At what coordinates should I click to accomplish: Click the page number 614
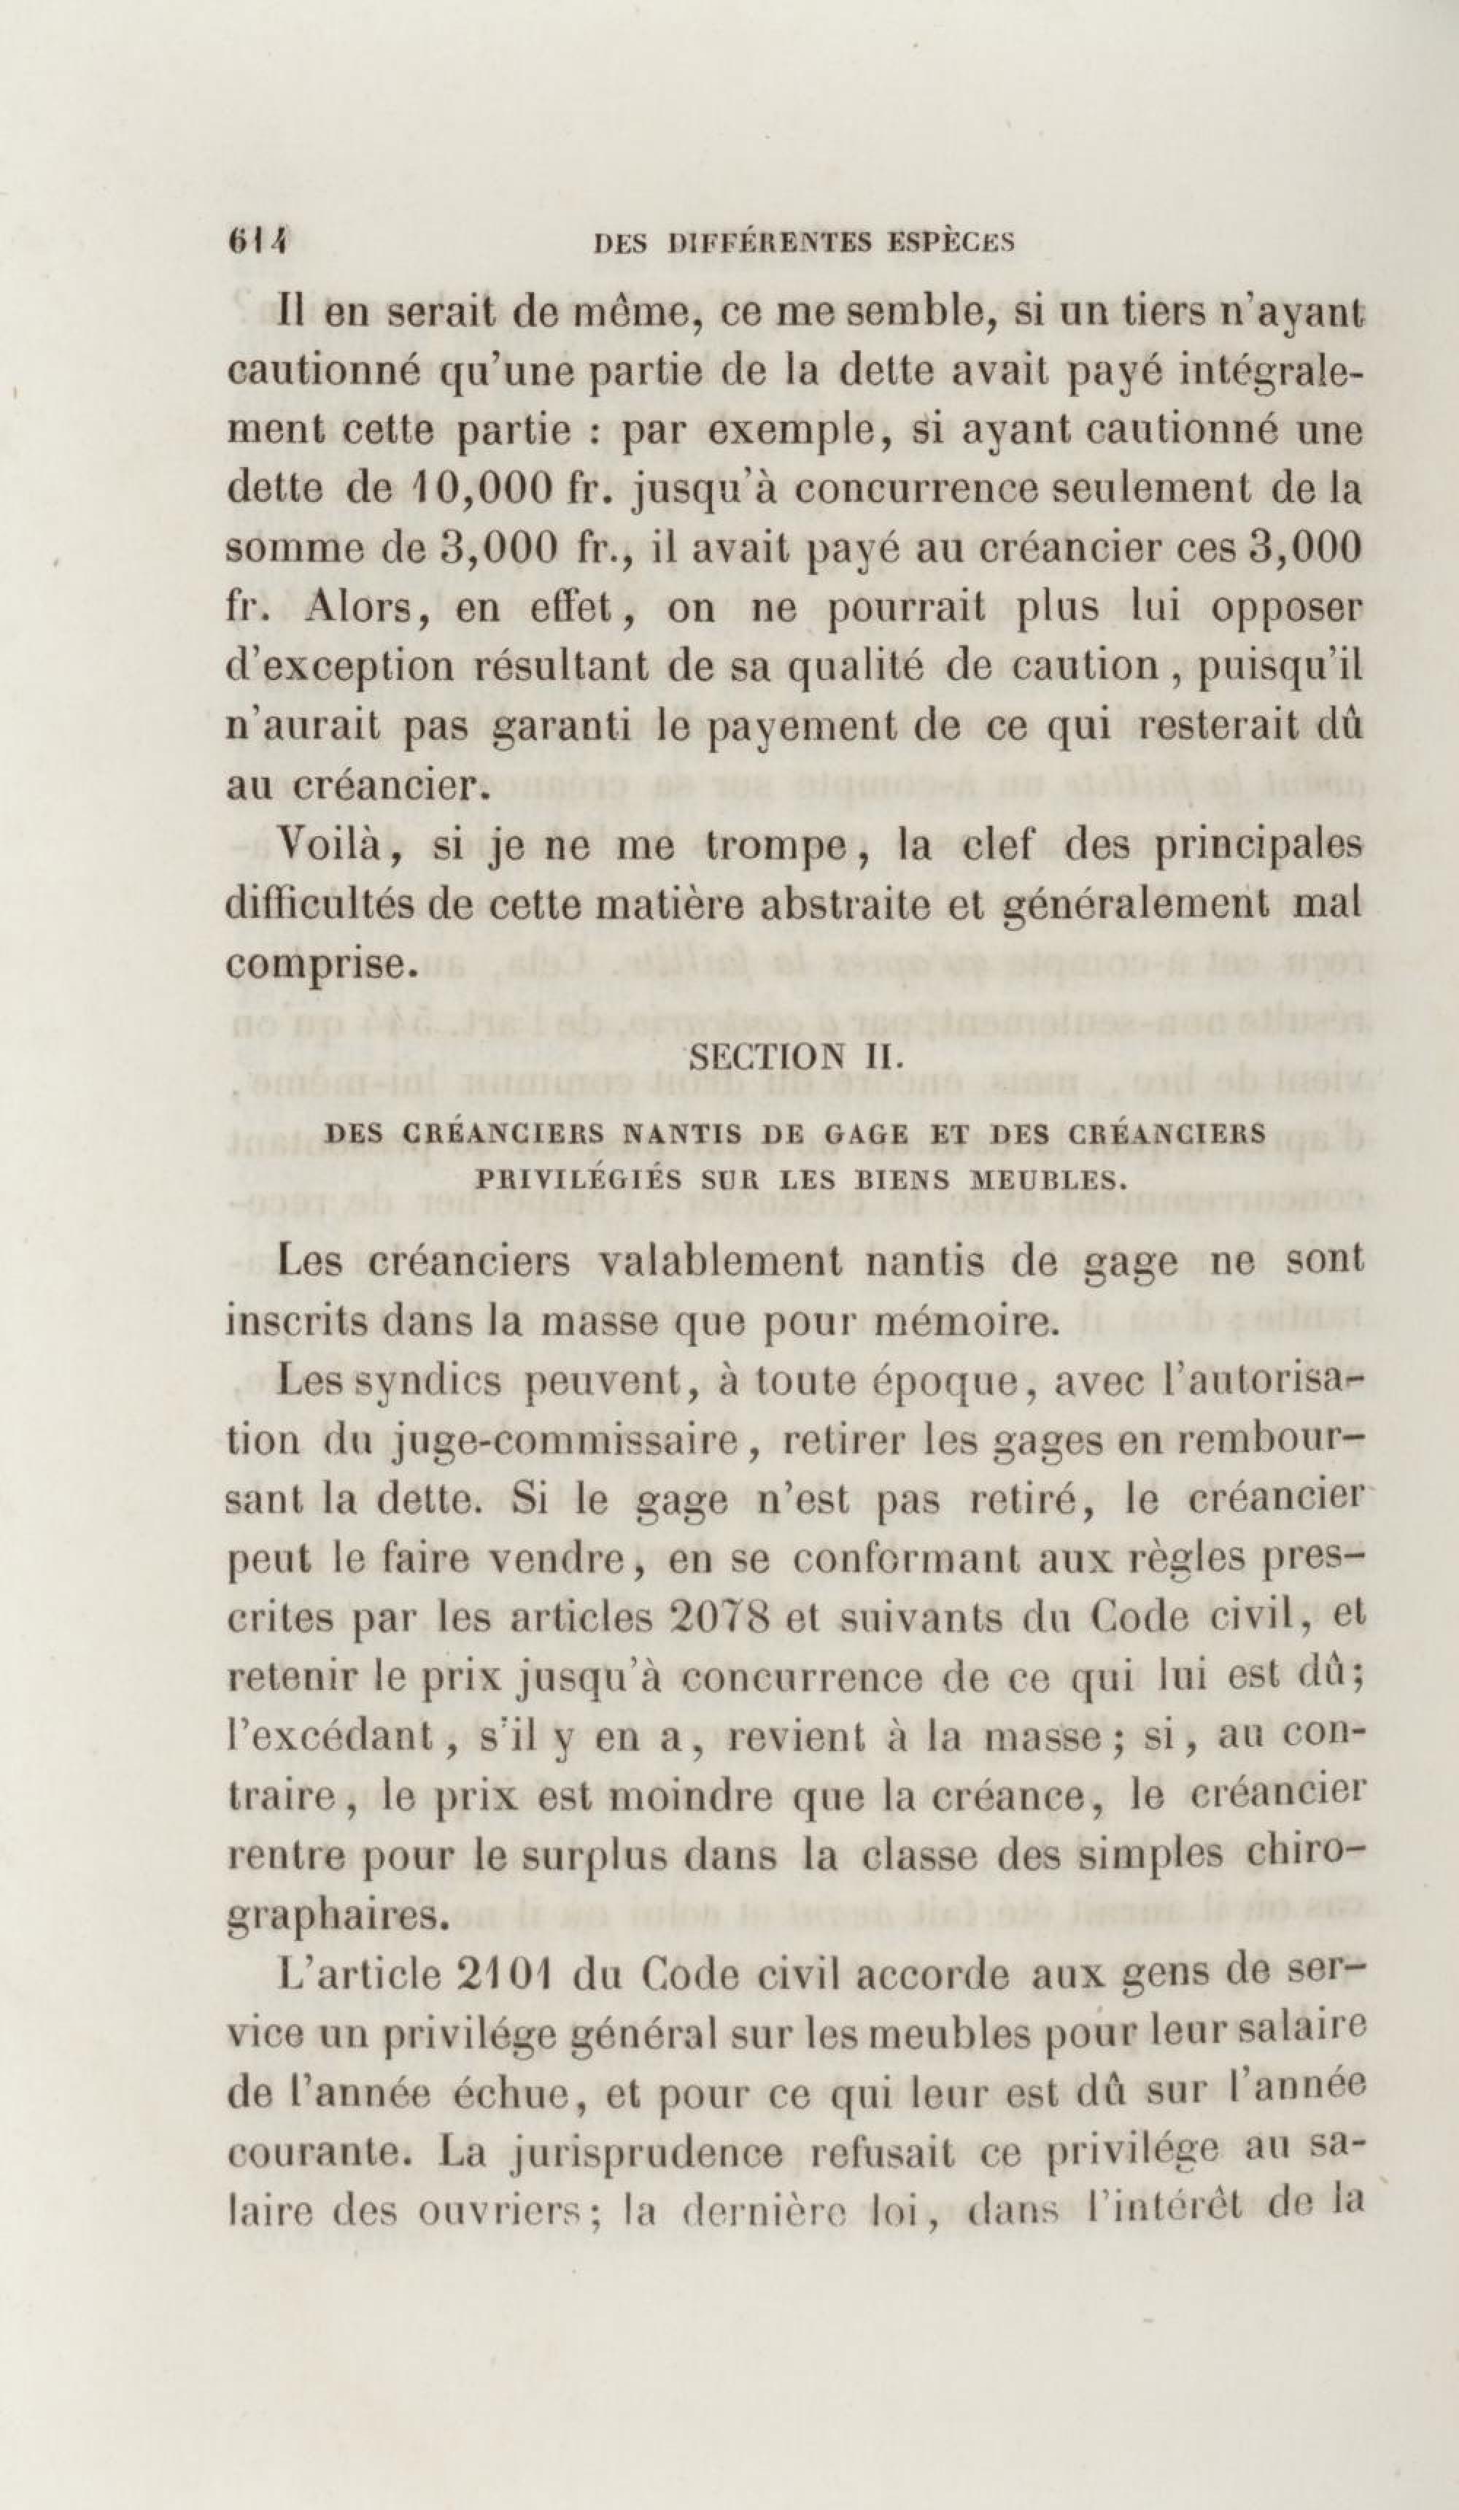coord(256,242)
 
